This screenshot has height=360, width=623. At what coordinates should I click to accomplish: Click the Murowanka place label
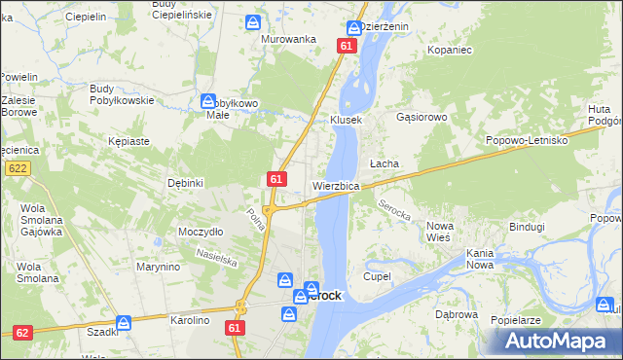point(289,39)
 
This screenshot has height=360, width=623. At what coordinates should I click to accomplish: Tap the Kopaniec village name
point(450,48)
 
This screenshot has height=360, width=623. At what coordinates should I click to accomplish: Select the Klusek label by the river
point(346,120)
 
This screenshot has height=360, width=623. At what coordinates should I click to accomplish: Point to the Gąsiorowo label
point(421,117)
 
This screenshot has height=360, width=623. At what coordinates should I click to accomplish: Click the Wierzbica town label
point(337,185)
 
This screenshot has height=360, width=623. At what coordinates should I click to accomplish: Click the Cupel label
point(377,276)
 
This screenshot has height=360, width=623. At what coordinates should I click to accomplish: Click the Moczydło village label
point(202,232)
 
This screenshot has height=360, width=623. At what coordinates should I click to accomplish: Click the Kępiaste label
point(129,141)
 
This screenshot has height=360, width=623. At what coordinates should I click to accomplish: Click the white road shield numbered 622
point(17,168)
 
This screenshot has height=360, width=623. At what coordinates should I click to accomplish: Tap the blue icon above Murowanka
point(253,21)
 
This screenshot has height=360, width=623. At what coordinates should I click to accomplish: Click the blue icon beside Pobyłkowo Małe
point(208,100)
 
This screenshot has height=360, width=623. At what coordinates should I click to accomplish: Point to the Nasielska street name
point(217,257)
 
